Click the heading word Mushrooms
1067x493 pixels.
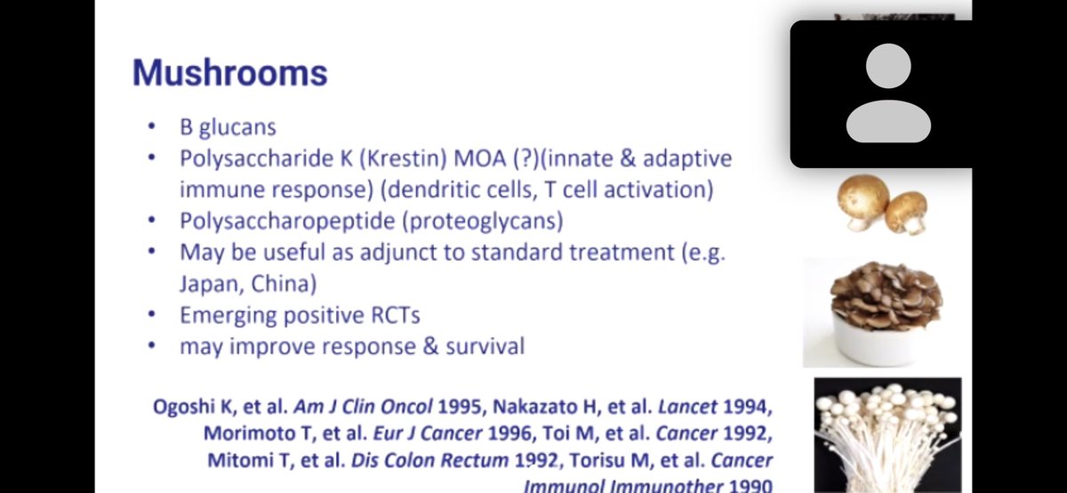coord(229,73)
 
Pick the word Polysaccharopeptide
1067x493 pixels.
coord(285,220)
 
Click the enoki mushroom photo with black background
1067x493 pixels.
coord(887,432)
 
